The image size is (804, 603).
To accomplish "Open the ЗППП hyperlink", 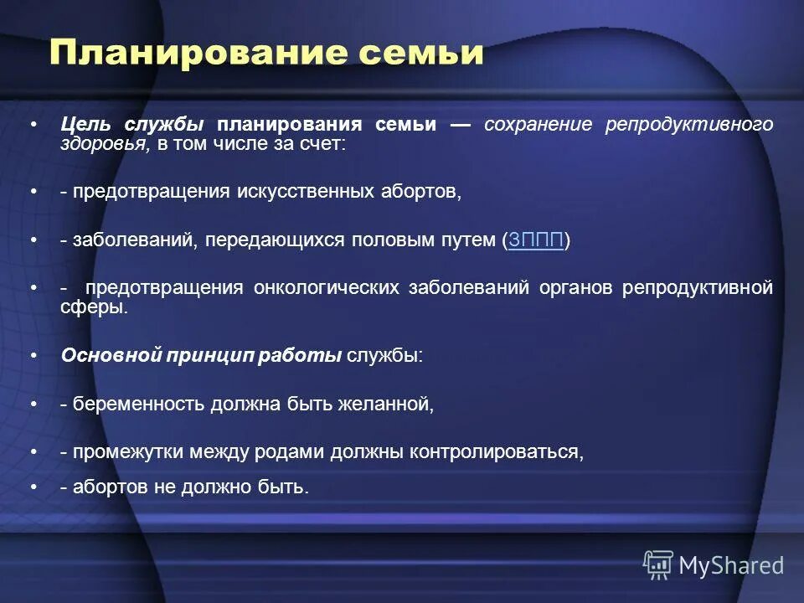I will point(536,241).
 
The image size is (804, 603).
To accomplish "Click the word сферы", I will point(93,307).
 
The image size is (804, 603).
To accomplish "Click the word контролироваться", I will point(497,452).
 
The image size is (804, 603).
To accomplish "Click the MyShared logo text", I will point(731,565).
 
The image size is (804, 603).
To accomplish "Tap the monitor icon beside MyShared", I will point(658,565).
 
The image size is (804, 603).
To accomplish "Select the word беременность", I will point(137,405).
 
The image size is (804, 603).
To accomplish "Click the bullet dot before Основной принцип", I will point(33,355).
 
